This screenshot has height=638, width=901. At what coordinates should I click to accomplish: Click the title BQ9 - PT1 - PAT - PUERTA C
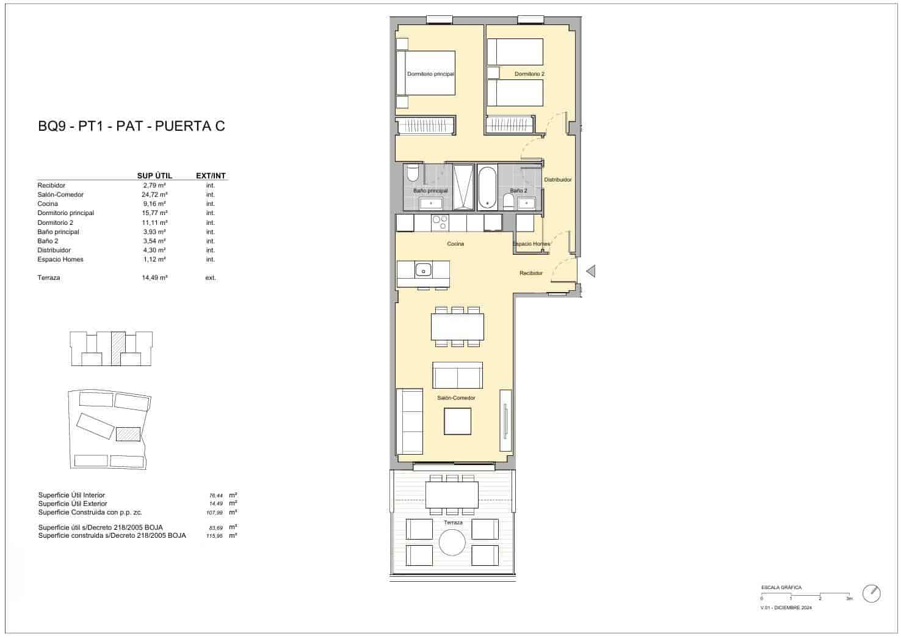pyautogui.click(x=131, y=127)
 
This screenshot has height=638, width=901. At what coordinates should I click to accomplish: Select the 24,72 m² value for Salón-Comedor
pyautogui.click(x=154, y=194)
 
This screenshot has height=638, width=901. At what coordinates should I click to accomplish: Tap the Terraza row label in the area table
pyautogui.click(x=49, y=277)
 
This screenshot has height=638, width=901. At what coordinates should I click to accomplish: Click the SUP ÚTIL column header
pyautogui.click(x=154, y=175)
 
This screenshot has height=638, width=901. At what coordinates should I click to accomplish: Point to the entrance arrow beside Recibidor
pyautogui.click(x=590, y=271)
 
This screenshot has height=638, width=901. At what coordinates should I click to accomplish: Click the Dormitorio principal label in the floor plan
pyautogui.click(x=430, y=74)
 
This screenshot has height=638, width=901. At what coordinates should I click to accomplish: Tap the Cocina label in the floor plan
pyautogui.click(x=455, y=244)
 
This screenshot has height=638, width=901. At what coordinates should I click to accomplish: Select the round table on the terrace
pyautogui.click(x=453, y=542)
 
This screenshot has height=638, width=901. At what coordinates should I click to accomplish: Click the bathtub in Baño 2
pyautogui.click(x=488, y=187)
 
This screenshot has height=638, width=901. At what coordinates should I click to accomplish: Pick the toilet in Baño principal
pyautogui.click(x=412, y=174)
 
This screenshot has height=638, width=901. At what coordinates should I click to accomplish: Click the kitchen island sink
pyautogui.click(x=423, y=269)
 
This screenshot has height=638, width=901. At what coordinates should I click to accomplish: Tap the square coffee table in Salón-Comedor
pyautogui.click(x=457, y=421)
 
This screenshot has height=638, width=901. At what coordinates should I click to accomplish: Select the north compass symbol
pyautogui.click(x=872, y=593)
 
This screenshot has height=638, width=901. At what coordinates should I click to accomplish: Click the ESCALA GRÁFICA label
pyautogui.click(x=781, y=587)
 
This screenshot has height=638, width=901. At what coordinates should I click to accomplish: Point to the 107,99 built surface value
pyautogui.click(x=215, y=513)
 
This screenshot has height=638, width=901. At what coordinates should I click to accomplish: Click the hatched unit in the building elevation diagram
pyautogui.click(x=118, y=348)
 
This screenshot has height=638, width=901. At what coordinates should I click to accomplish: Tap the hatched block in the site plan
pyautogui.click(x=128, y=434)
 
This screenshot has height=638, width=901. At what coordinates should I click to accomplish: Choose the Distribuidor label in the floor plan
pyautogui.click(x=557, y=180)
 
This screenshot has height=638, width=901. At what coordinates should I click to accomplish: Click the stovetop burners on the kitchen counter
pyautogui.click(x=440, y=222)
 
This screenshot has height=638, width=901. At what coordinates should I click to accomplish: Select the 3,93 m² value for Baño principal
pyautogui.click(x=154, y=232)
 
